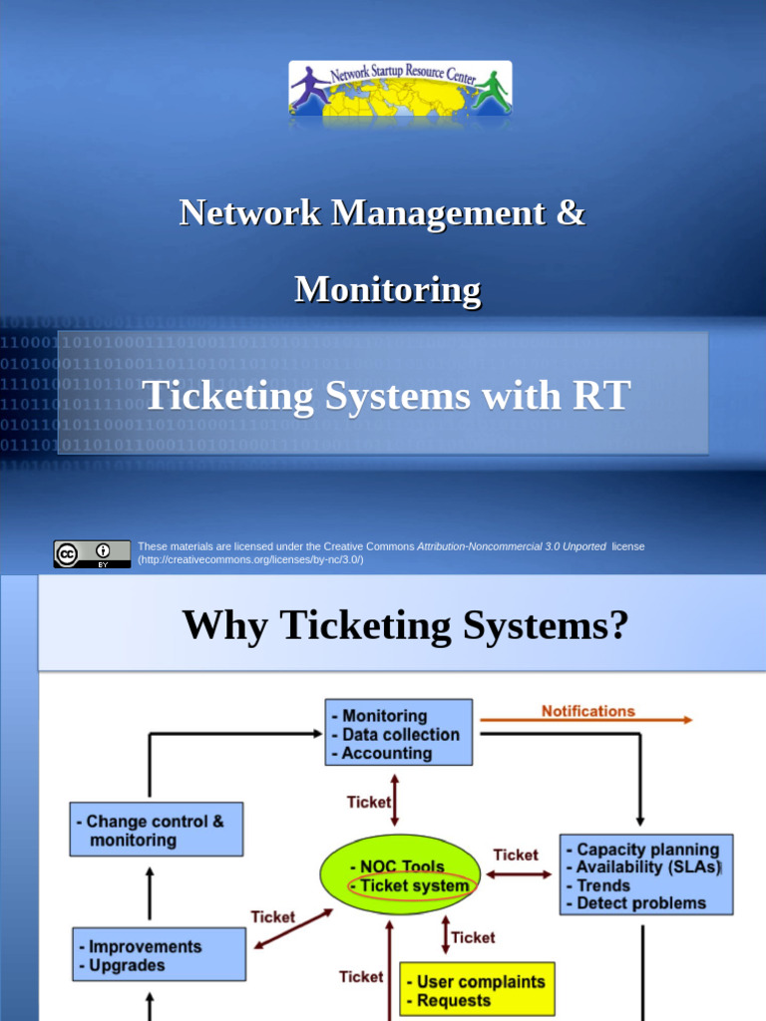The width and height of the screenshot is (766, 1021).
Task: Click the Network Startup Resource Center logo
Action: (x=400, y=88)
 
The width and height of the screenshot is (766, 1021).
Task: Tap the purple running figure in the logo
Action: (x=309, y=88)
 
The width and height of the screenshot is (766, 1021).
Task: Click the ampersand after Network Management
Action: (x=570, y=212)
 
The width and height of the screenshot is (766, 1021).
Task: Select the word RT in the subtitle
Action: (x=600, y=396)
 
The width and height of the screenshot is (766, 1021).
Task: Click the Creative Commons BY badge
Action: (x=92, y=554)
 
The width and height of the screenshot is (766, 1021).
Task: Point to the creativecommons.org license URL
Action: (x=250, y=559)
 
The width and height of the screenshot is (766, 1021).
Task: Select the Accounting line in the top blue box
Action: (x=387, y=754)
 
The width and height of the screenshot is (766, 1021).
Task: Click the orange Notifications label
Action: (x=587, y=711)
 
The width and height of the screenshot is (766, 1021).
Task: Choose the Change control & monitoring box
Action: (x=156, y=831)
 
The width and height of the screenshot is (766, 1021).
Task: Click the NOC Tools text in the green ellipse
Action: (x=403, y=866)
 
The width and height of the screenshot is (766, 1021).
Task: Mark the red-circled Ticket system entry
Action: (x=414, y=885)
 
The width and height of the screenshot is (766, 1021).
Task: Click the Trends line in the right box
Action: (x=603, y=885)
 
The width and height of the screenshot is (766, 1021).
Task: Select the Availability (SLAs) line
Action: (x=647, y=867)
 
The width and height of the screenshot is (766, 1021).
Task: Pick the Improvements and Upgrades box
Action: (x=146, y=955)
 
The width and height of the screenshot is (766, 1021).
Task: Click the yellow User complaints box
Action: (x=477, y=990)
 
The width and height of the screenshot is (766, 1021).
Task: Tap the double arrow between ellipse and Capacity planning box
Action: (x=519, y=874)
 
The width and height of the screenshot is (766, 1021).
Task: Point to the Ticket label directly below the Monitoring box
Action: (x=368, y=802)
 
